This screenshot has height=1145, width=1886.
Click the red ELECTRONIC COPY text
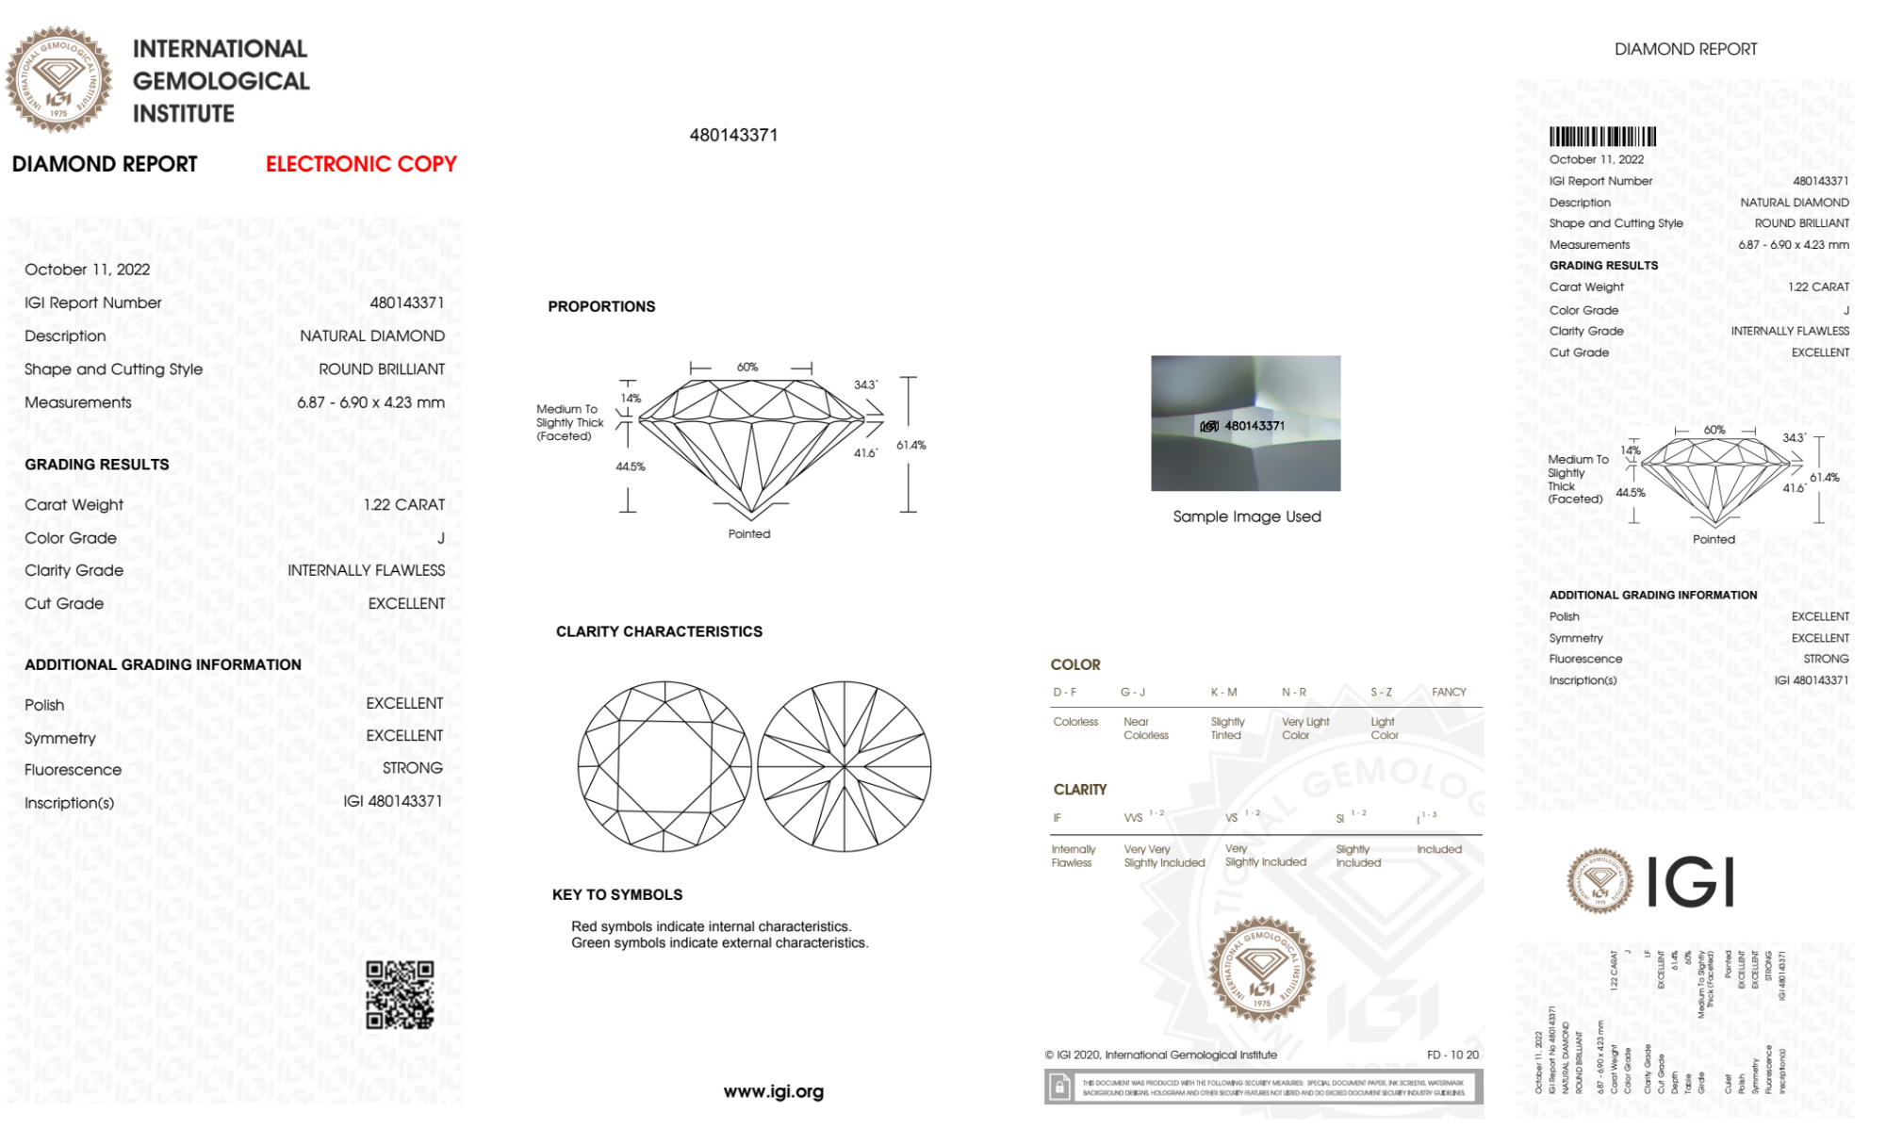361,164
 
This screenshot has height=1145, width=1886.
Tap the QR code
400,995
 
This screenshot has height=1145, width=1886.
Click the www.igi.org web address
773,1091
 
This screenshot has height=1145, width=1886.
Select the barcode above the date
1602,137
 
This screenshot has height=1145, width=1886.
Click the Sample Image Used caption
1246,516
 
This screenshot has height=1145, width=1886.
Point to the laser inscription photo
1245,423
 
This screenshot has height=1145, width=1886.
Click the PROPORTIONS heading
601,306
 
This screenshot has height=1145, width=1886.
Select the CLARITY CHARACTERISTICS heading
659,631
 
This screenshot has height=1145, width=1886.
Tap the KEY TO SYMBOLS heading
617,894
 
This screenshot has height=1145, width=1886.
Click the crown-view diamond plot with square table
665,766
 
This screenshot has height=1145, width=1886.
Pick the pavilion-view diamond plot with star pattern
845,766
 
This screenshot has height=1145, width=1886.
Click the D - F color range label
1064,692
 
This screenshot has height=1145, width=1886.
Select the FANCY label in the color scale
1449,692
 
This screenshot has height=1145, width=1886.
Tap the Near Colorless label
1145,728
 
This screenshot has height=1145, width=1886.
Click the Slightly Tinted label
1227,728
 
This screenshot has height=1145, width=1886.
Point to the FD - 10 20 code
1452,1055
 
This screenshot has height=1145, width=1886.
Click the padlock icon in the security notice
1059,1088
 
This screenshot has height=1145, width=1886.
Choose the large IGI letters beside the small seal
1691,882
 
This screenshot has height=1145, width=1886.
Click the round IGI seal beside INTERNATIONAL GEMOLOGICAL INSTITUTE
58,80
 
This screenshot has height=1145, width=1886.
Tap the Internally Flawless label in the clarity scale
1072,856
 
